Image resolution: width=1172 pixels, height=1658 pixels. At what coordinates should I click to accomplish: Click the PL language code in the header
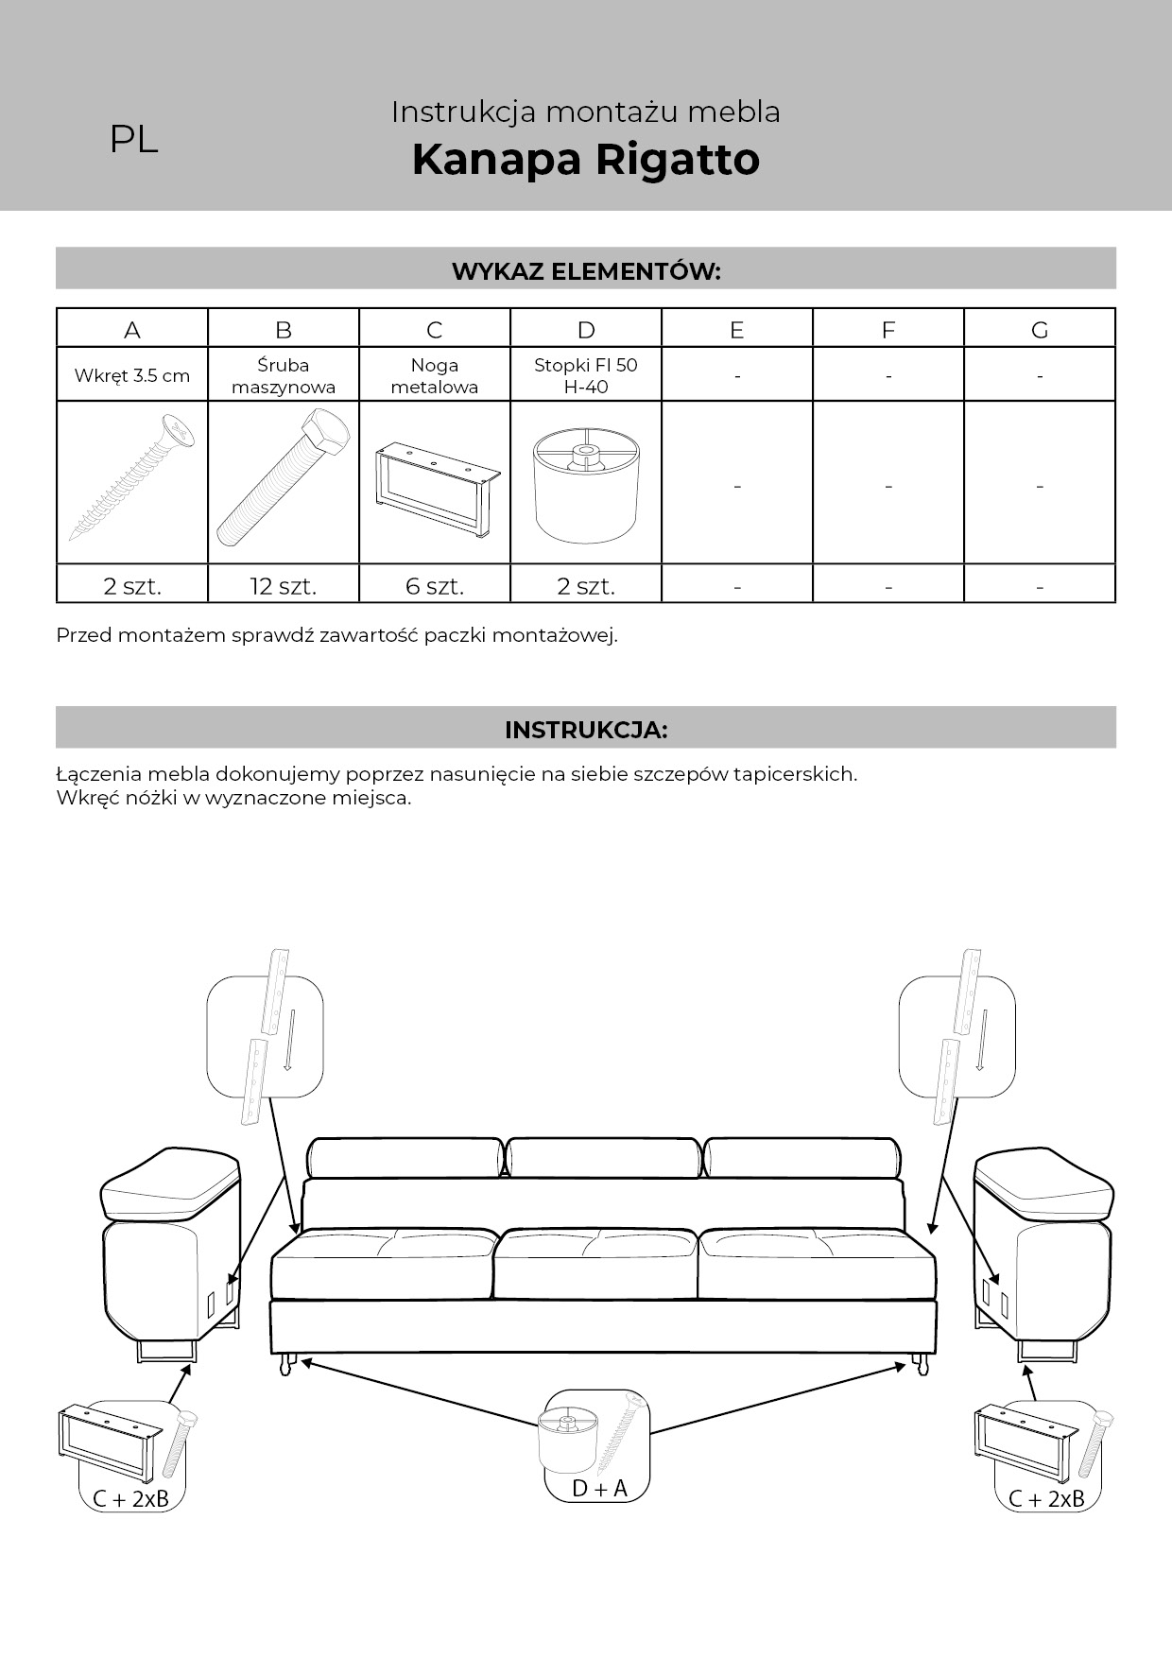point(133,139)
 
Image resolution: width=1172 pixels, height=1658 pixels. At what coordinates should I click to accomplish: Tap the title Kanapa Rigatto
point(585,159)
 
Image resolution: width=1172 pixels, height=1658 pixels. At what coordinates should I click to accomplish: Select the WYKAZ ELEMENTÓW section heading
point(585,271)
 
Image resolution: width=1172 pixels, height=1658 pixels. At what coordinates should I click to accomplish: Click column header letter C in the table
point(434,329)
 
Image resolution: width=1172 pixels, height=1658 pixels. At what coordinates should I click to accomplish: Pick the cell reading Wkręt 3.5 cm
point(132,375)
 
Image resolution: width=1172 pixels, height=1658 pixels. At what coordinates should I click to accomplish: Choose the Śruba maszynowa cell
point(283,375)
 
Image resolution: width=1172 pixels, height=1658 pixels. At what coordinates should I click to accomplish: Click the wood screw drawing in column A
point(132,481)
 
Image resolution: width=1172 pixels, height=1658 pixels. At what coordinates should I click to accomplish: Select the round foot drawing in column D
point(585,486)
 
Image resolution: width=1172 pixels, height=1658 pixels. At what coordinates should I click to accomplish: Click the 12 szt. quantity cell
point(283,586)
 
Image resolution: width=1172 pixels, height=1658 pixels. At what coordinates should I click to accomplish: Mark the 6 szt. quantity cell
point(435,586)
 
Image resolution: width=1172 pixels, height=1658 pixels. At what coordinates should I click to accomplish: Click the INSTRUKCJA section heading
point(585,730)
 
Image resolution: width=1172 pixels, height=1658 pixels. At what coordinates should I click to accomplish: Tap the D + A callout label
point(599,1488)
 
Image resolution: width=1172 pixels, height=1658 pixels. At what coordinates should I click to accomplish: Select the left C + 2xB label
point(130,1498)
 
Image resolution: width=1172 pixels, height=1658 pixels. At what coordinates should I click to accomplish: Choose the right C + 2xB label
point(1046,1498)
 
